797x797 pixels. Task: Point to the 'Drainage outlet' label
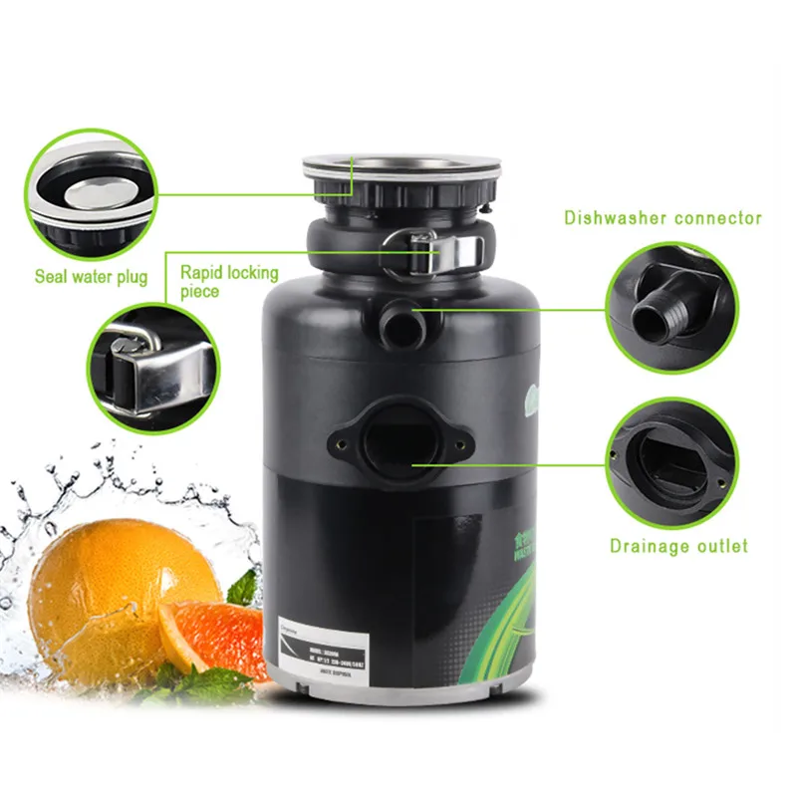pos(678,546)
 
